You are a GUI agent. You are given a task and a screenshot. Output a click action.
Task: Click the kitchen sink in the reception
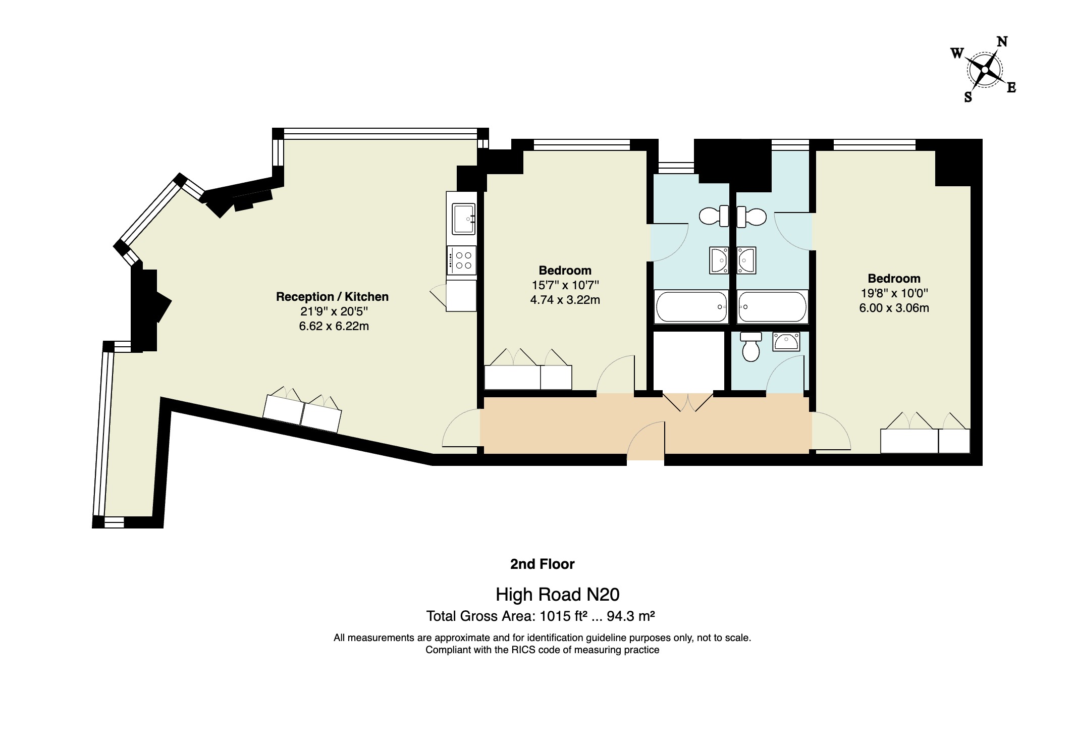tap(463, 219)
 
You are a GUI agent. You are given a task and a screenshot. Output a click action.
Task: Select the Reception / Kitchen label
tap(332, 297)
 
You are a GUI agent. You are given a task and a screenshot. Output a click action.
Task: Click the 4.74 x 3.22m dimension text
tap(565, 300)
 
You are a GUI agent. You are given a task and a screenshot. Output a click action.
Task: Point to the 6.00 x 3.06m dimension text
tap(894, 308)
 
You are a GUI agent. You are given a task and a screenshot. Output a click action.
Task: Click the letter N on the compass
tap(1002, 42)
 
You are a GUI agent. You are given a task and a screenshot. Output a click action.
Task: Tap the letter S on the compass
tap(968, 97)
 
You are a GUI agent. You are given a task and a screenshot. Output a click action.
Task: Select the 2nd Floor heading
tap(542, 564)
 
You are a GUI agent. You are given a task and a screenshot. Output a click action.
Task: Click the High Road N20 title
tap(557, 595)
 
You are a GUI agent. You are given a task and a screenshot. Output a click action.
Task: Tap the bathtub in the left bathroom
tap(690, 306)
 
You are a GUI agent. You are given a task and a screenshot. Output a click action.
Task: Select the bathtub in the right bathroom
tap(772, 306)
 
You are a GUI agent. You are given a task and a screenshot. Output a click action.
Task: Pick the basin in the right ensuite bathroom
tap(746, 260)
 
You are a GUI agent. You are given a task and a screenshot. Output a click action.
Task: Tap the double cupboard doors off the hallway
tap(687, 402)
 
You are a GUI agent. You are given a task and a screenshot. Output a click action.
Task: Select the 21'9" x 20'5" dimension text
tap(334, 311)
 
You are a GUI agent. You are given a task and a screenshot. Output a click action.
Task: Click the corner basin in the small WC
tap(786, 342)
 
